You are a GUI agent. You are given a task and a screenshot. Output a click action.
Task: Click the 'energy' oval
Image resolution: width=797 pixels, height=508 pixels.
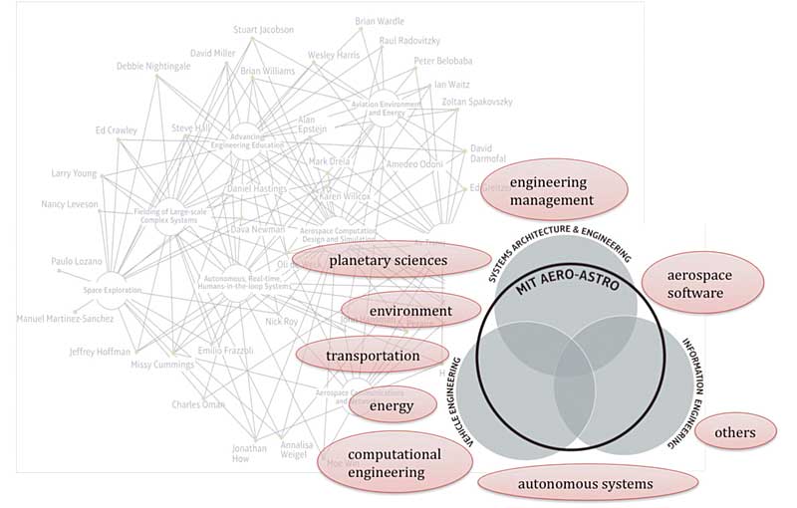[391, 405]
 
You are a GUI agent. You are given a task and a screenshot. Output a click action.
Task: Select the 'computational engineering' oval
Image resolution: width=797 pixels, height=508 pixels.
[395, 463]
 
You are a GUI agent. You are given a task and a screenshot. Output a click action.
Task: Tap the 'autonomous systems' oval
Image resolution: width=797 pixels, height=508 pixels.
[586, 484]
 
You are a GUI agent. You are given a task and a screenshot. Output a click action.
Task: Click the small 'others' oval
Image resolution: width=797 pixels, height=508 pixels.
[733, 432]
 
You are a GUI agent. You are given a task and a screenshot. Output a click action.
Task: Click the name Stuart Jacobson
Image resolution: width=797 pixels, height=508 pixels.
[263, 30]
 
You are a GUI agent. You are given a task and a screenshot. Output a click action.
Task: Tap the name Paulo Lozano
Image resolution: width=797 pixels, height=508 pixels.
[76, 262]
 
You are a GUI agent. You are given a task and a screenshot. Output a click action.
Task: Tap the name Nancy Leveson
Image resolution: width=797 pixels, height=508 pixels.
[71, 204]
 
